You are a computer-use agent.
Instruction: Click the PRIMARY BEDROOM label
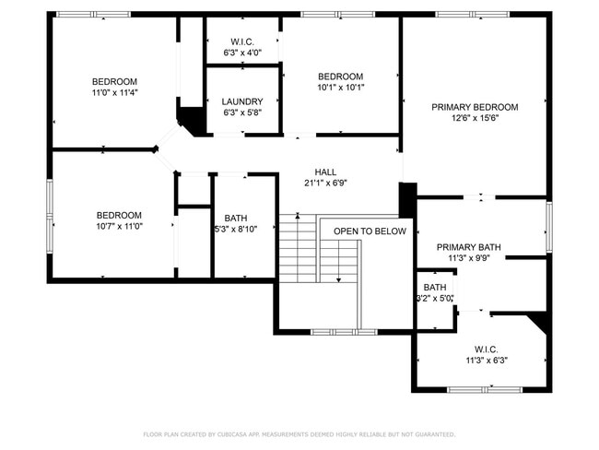point(475,107)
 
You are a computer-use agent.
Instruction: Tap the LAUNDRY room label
point(243,101)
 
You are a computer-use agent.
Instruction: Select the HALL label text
point(325,172)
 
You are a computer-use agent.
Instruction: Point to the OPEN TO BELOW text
point(370,231)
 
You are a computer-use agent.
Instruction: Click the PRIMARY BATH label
point(469,247)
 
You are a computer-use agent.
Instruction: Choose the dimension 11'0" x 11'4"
point(114,93)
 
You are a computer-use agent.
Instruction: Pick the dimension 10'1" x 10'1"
point(340,89)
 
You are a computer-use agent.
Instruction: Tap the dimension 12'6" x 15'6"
point(475,119)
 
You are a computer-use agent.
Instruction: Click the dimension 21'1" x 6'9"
point(325,184)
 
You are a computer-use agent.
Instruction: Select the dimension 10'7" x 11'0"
point(119,227)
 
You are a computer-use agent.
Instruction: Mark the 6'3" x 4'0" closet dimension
point(243,53)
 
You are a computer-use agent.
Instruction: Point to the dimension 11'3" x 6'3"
point(487,361)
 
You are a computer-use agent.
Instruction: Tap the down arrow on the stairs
point(339,277)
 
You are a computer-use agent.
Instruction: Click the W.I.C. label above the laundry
point(243,41)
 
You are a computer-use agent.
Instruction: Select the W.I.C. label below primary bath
point(487,349)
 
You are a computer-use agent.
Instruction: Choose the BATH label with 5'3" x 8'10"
point(235,218)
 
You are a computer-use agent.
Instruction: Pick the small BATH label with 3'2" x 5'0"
point(435,287)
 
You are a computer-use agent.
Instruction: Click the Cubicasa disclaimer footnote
point(299,433)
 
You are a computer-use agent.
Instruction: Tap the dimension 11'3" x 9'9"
point(469,259)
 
